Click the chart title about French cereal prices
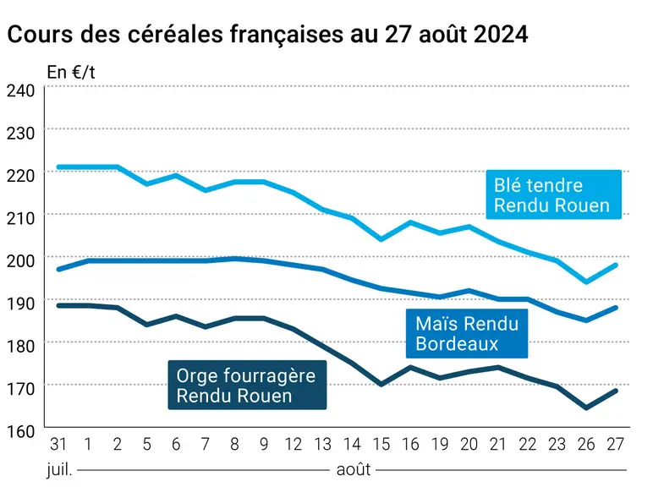click(x=267, y=34)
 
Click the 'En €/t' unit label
click(x=71, y=73)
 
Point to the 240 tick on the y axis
click(x=20, y=90)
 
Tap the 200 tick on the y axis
click(x=20, y=260)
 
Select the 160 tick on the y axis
click(x=20, y=431)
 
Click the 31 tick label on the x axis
click(x=58, y=444)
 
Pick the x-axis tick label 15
click(x=381, y=444)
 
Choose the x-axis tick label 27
click(x=616, y=444)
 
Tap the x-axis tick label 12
click(x=294, y=444)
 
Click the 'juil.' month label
click(x=59, y=469)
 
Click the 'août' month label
click(x=354, y=469)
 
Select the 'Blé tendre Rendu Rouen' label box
click(x=553, y=194)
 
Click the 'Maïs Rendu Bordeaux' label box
click(x=467, y=333)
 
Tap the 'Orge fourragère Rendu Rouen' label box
click(x=247, y=385)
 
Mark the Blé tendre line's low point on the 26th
click(x=586, y=282)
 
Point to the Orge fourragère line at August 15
click(x=381, y=384)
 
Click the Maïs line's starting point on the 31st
click(x=58, y=270)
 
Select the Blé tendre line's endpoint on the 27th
click(x=616, y=265)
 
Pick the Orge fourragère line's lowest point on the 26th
click(x=586, y=408)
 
